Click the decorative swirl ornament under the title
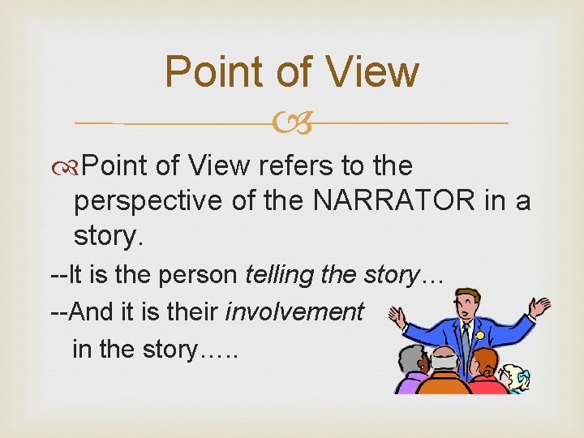tap(291, 124)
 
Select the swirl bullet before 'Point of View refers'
tap(71, 166)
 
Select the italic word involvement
tap(294, 312)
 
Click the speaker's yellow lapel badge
tap(479, 334)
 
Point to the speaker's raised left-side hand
tap(397, 314)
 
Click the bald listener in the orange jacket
tap(444, 373)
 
